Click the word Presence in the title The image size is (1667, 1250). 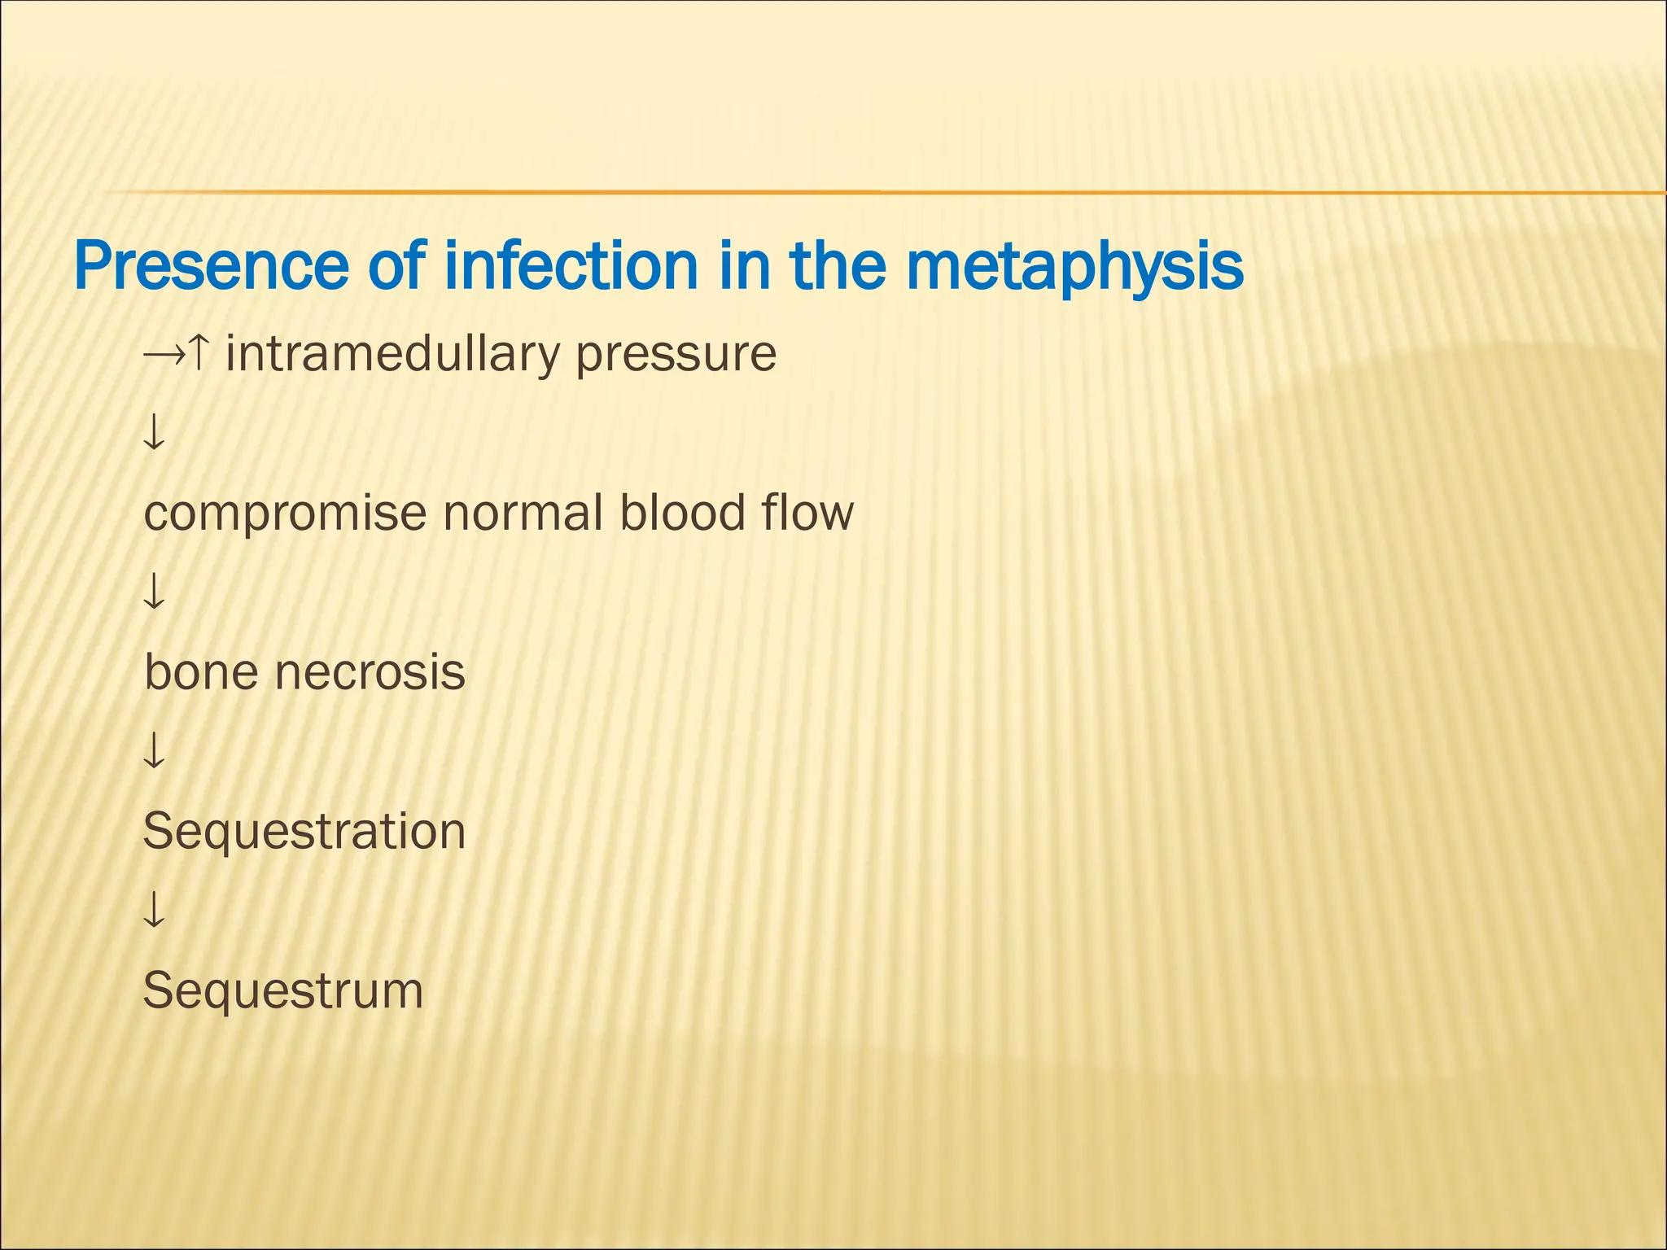pos(210,266)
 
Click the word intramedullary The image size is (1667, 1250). pos(394,355)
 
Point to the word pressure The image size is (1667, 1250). pos(676,355)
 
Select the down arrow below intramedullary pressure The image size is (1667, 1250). pos(154,432)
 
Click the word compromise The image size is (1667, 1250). pos(285,514)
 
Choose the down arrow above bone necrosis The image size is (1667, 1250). pos(154,592)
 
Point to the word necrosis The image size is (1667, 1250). pos(370,672)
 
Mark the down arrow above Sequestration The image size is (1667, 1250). pos(154,750)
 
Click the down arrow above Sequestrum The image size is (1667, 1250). pos(154,910)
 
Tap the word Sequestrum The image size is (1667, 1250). pos(283,990)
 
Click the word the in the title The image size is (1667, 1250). pos(838,266)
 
